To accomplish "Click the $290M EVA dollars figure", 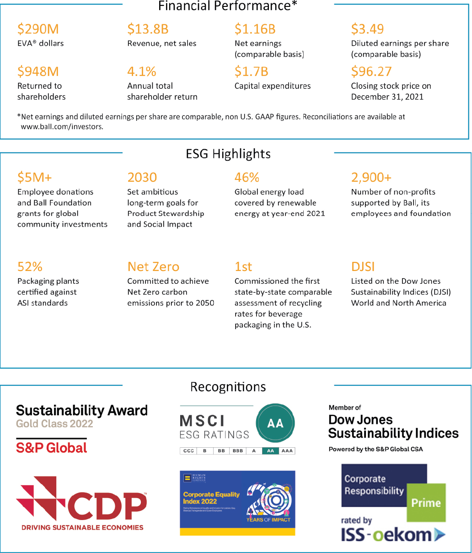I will (38, 29).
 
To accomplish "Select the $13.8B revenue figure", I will (148, 29).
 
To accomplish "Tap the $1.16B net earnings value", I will (255, 29).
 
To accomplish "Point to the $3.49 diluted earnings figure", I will (367, 29).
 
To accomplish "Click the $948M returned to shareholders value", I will (38, 72).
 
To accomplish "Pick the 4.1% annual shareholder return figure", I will (142, 72).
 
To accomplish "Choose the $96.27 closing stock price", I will (371, 72).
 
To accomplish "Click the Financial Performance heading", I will (228, 6).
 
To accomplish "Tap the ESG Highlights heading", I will (228, 154).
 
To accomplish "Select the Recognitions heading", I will (228, 387).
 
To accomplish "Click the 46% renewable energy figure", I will (247, 178).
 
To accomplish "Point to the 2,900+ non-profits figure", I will (371, 178).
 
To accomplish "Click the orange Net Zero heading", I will (153, 267).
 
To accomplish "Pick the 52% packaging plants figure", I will (30, 267).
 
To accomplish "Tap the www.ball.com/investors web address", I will (62, 127).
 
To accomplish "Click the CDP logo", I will (81, 504).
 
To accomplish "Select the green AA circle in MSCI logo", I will (275, 423).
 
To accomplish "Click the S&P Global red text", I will (51, 448).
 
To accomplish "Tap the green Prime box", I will (426, 503).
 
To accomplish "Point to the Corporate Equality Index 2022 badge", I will (237, 503).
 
